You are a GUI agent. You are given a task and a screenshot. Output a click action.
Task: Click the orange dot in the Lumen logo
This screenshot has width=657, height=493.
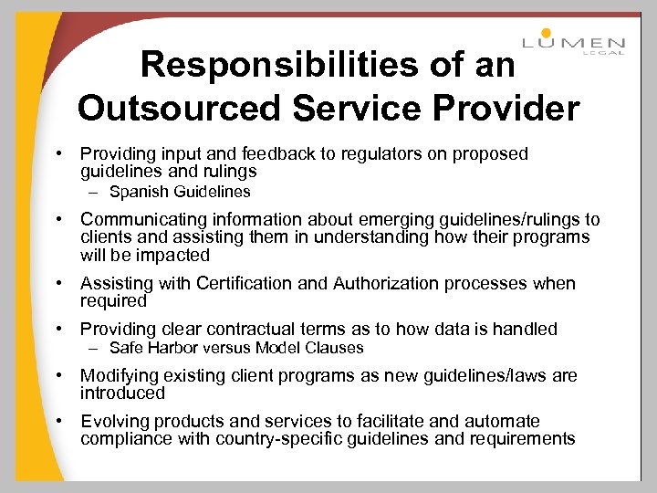click(546, 34)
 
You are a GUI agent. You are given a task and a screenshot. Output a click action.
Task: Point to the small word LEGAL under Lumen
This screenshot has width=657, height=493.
click(604, 52)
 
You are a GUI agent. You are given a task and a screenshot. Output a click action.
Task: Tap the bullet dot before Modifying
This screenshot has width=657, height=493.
click(57, 375)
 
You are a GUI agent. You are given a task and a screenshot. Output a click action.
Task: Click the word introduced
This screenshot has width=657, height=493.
click(122, 393)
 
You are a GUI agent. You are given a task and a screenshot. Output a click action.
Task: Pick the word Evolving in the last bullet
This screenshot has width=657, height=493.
click(114, 421)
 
